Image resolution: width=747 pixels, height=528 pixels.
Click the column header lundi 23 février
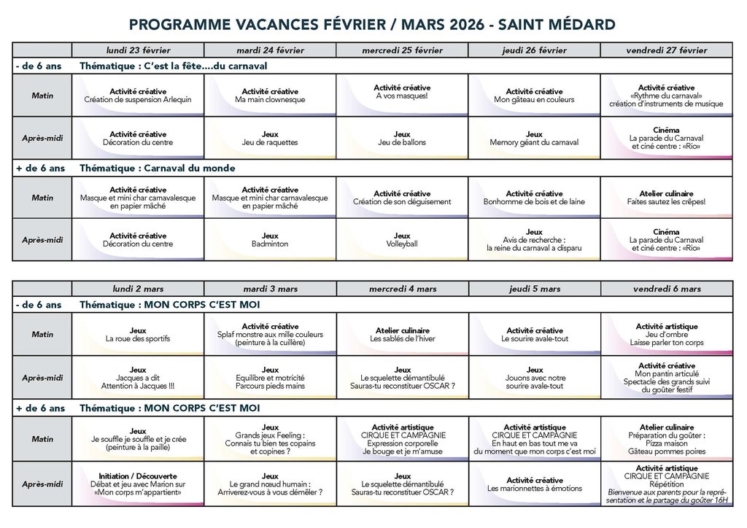point(137,50)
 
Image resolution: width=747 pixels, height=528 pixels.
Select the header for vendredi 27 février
point(666,50)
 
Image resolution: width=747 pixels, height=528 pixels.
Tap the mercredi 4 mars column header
point(402,289)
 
